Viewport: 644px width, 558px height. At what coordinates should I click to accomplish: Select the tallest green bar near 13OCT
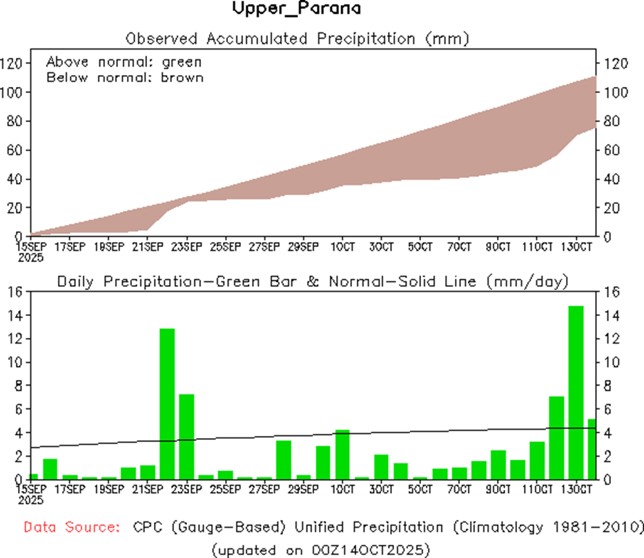[576, 393]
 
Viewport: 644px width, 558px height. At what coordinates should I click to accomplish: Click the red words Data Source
[70, 528]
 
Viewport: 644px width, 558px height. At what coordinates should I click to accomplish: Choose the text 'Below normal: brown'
[125, 77]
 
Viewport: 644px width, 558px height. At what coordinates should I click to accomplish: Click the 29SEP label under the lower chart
[303, 489]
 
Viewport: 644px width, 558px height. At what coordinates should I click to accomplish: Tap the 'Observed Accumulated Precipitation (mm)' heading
[296, 39]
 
